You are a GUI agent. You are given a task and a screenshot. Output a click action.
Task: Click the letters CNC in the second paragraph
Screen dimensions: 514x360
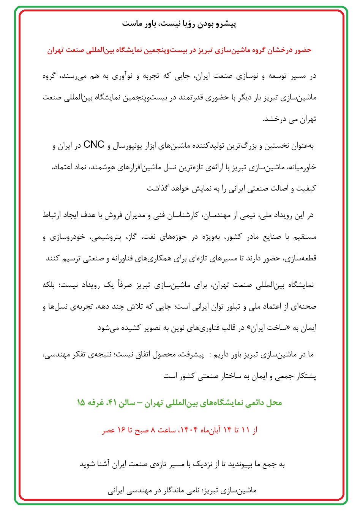(x=93, y=145)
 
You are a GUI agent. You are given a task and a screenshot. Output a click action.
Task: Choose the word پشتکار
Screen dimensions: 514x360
(x=305, y=376)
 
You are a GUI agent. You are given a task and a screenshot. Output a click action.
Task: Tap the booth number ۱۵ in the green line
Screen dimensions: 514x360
(x=81, y=403)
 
